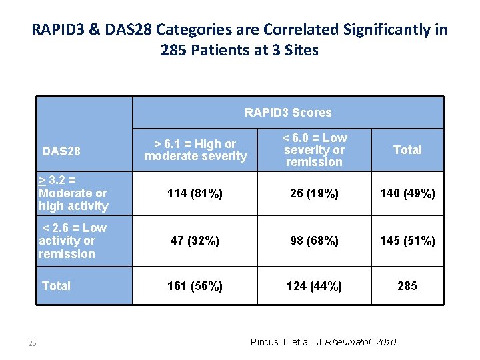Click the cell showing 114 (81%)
point(195,193)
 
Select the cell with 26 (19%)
point(313,193)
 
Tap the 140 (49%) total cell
point(407,193)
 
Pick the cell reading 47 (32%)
point(195,241)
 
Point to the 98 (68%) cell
point(313,241)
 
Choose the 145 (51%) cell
point(407,241)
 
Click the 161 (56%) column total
point(195,286)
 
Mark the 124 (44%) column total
point(313,286)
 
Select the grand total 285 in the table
point(407,286)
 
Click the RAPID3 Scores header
point(288,113)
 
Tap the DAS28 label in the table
point(61,151)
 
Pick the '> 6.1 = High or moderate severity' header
point(195,150)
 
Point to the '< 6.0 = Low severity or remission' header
point(313,150)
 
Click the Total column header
point(407,150)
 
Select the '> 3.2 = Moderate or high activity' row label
point(73,193)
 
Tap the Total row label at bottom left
point(56,286)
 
